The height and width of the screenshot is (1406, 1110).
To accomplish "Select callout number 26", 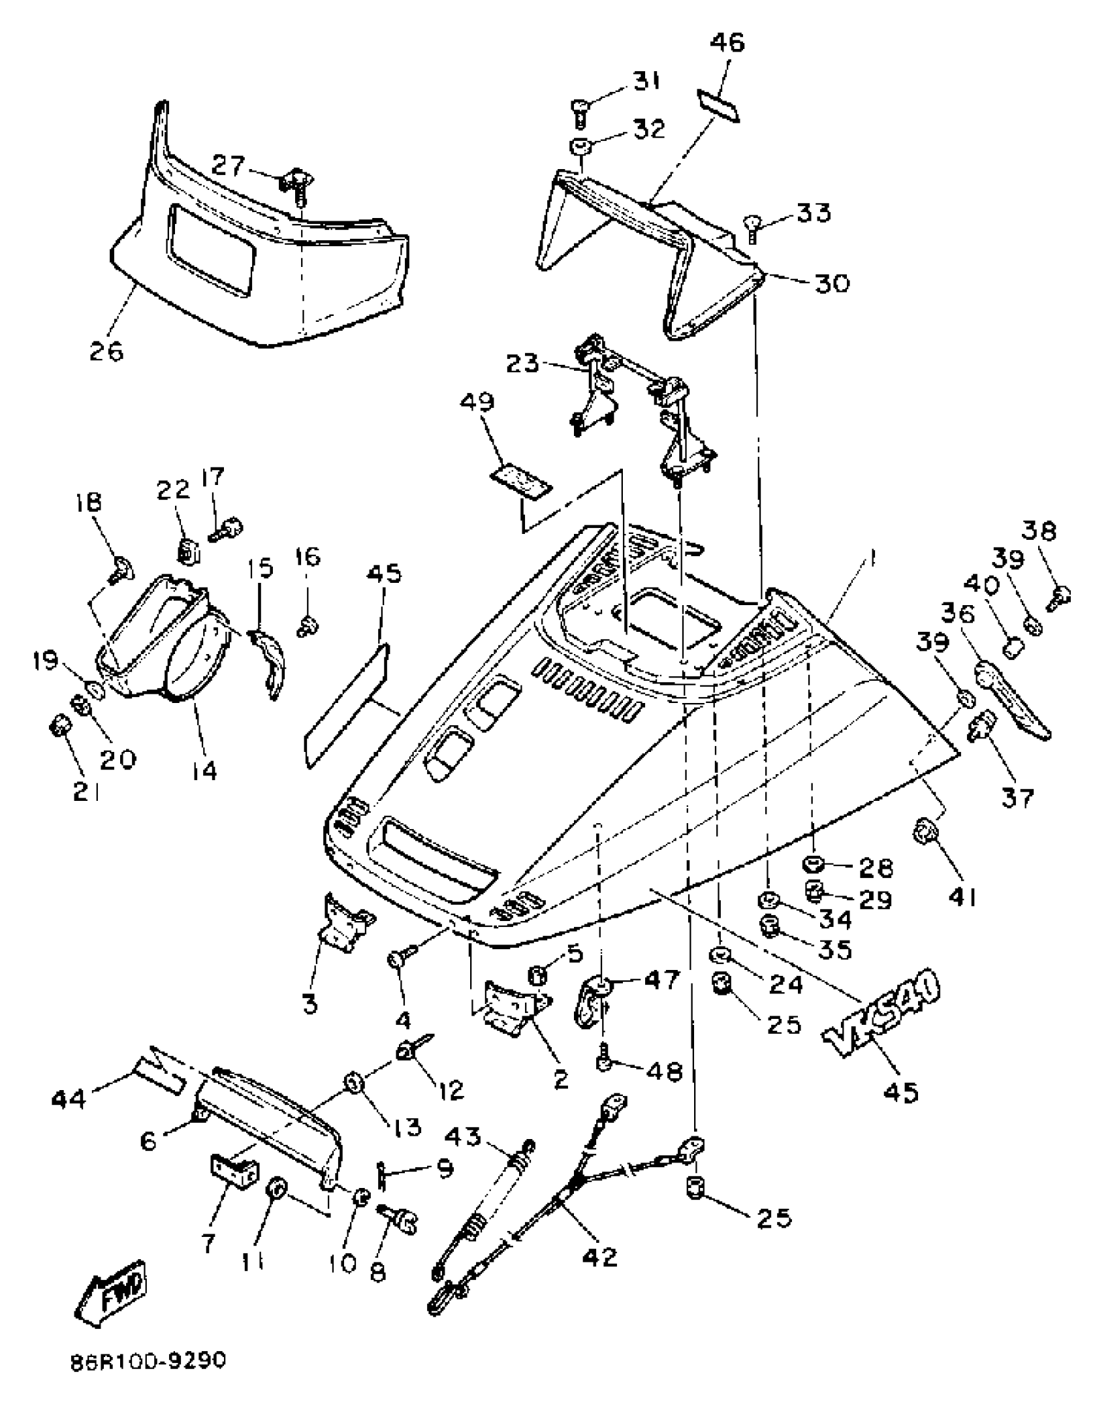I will (106, 351).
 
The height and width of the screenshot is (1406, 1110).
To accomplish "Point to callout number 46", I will (727, 43).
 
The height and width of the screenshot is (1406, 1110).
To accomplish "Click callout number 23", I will (524, 363).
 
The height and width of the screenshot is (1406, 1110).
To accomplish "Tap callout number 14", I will (204, 771).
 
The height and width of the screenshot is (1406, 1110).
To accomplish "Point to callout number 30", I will (831, 283).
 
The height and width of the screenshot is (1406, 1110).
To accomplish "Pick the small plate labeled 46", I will (718, 106).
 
